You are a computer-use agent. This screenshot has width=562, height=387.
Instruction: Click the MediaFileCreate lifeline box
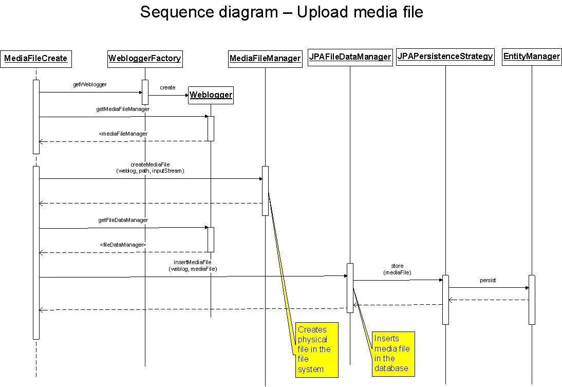[x=35, y=59]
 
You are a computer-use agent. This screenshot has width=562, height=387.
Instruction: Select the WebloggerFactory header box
[x=144, y=59]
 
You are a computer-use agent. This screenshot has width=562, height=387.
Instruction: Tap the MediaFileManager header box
[x=265, y=59]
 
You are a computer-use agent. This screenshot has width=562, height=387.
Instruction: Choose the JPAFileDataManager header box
[x=350, y=57]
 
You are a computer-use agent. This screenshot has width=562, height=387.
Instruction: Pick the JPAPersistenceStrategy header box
[x=445, y=57]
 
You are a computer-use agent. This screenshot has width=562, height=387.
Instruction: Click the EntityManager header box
[x=532, y=57]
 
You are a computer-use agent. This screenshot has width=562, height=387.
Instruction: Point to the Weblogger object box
[x=211, y=95]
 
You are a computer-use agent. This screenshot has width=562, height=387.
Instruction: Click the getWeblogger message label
[x=90, y=84]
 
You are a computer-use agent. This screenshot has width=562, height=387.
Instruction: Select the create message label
[x=167, y=87]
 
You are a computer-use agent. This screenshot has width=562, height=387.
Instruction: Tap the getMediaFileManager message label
[x=123, y=109]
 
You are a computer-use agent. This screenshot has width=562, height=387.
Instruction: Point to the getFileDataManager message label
[x=123, y=220]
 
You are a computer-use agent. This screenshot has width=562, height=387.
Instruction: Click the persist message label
[x=488, y=281]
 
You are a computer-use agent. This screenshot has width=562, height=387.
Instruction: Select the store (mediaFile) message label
[x=397, y=269]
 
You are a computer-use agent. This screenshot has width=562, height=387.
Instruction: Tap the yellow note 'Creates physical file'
[x=317, y=349]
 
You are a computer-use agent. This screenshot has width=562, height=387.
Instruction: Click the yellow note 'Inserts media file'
[x=393, y=353]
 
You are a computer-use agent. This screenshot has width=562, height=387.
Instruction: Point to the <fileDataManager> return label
[x=123, y=245]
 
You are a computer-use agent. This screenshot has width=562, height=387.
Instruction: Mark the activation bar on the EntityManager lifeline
[x=532, y=300]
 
